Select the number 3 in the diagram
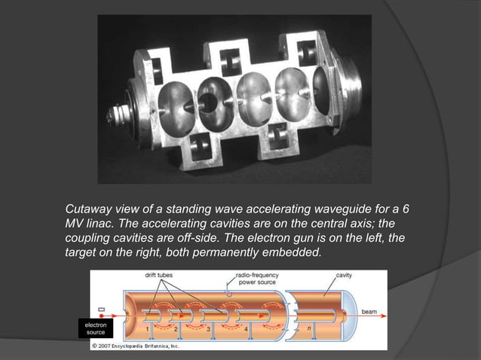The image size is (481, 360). tap(208, 329)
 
